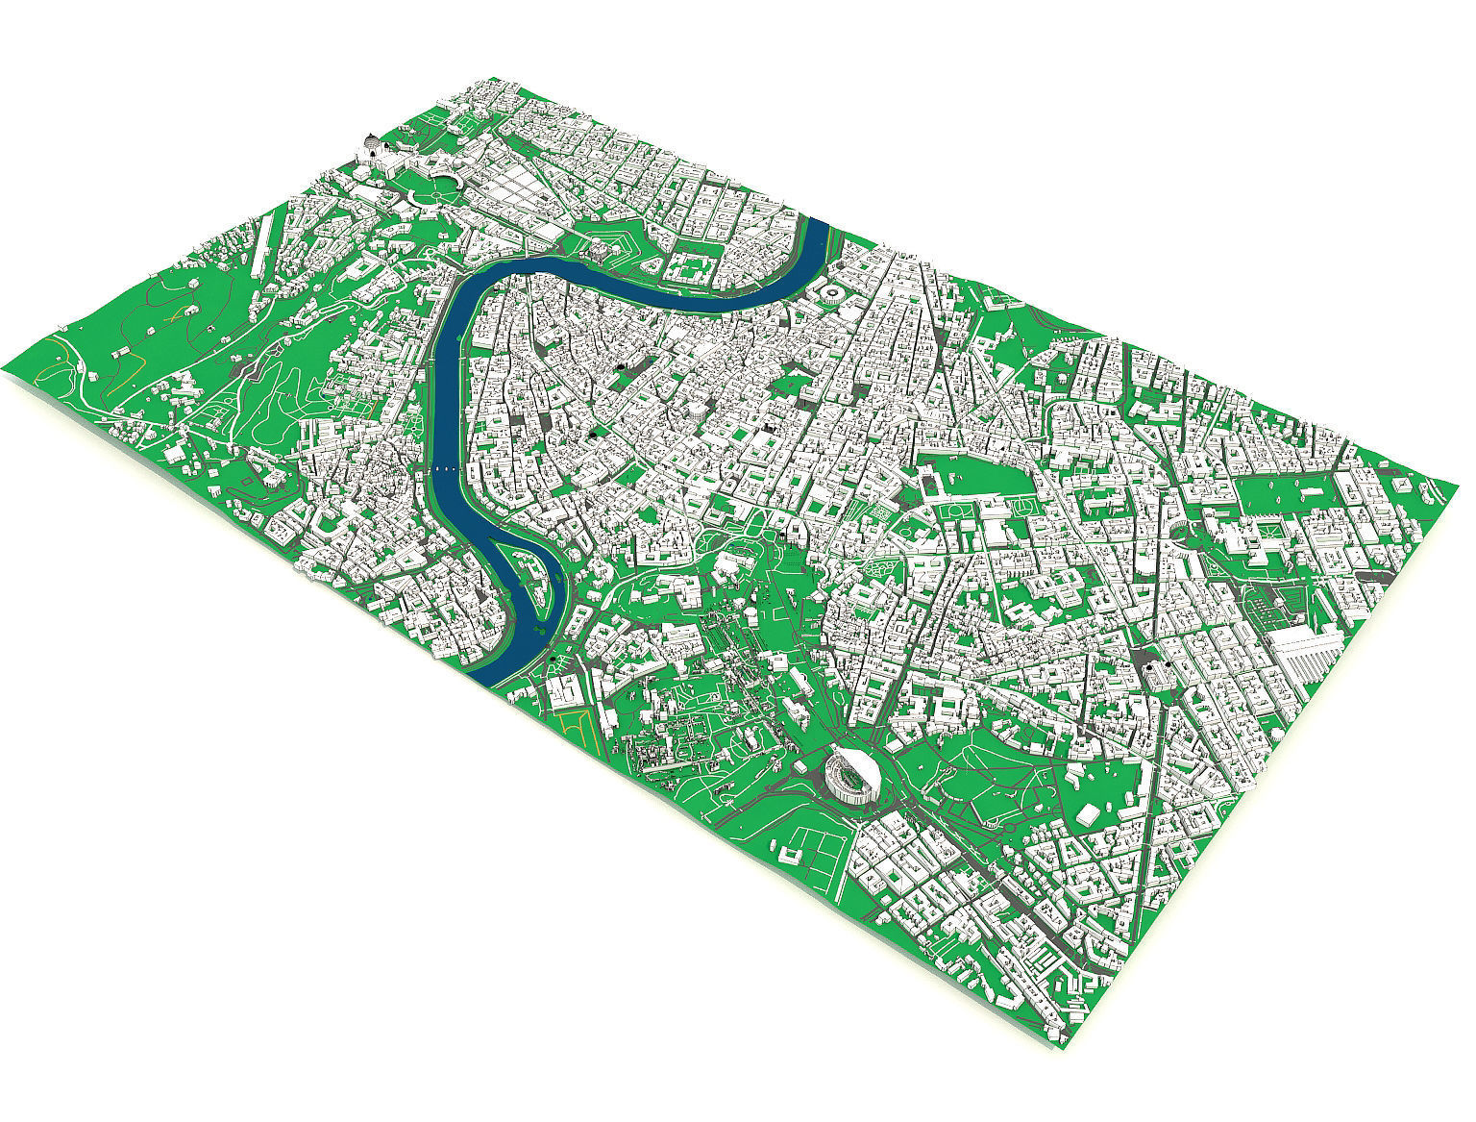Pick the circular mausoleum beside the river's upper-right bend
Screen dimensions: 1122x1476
828,291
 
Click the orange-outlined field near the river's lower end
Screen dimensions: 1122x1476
573,726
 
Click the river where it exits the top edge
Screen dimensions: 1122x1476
818,226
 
